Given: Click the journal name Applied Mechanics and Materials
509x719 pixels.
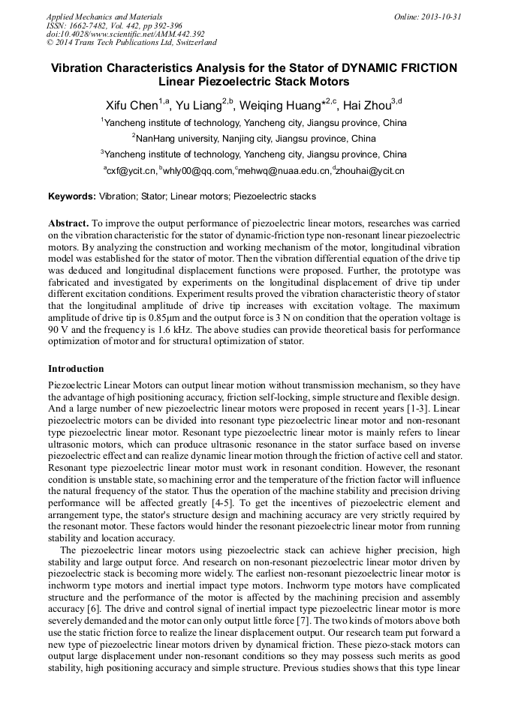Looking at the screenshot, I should pyautogui.click(x=104, y=16).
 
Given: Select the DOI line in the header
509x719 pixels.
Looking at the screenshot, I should pyautogui.click(x=125, y=34).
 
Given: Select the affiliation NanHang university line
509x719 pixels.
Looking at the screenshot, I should pyautogui.click(x=254, y=139).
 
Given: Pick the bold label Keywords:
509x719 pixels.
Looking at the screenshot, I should pyautogui.click(x=72, y=197).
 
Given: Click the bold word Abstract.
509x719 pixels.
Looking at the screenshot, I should pyautogui.click(x=68, y=224).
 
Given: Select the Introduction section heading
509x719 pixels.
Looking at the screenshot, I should pyautogui.click(x=76, y=369).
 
